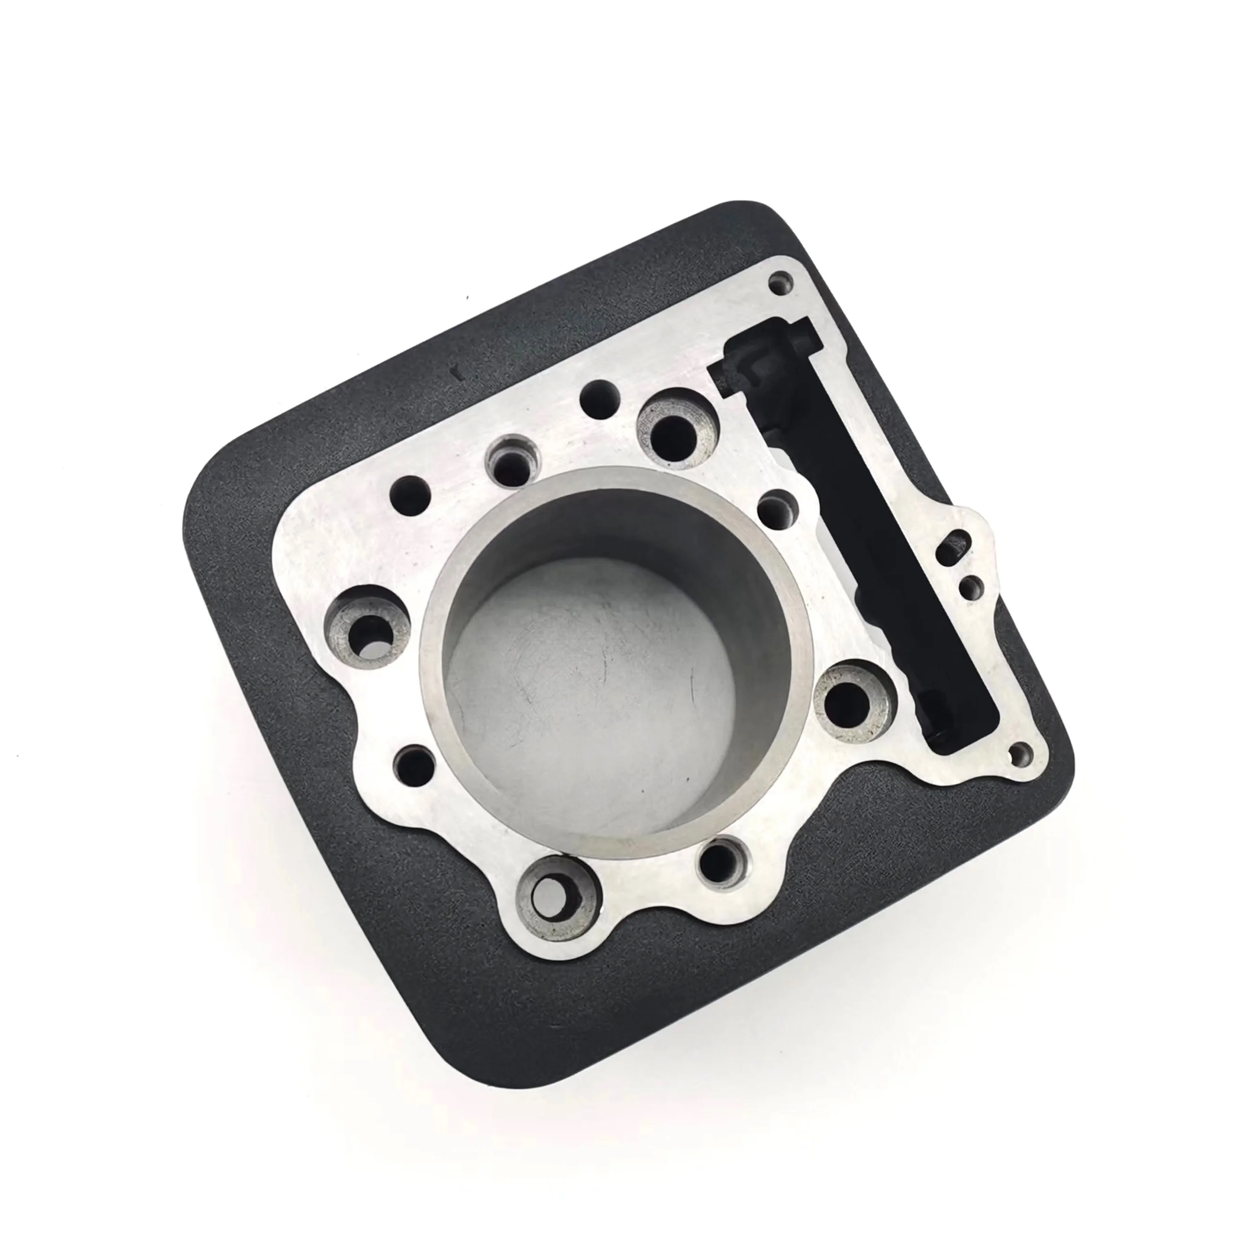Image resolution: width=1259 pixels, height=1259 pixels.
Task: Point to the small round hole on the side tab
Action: tap(971, 590)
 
